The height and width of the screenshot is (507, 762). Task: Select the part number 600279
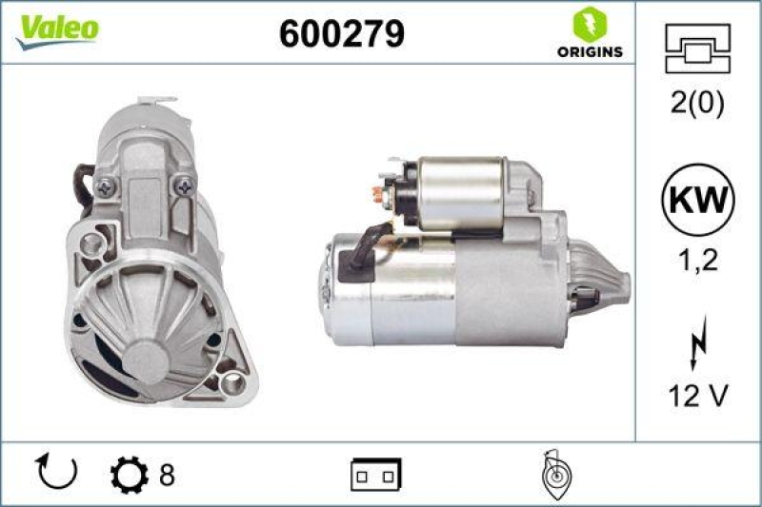tap(342, 34)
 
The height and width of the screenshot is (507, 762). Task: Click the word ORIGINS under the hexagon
tap(590, 51)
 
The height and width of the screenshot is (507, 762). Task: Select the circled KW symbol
tap(698, 201)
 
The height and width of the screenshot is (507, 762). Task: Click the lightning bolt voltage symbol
tap(698, 343)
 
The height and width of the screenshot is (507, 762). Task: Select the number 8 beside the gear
tap(167, 473)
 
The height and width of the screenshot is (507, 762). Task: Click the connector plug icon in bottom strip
tap(376, 473)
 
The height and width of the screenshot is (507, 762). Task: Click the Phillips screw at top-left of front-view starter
tap(103, 187)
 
